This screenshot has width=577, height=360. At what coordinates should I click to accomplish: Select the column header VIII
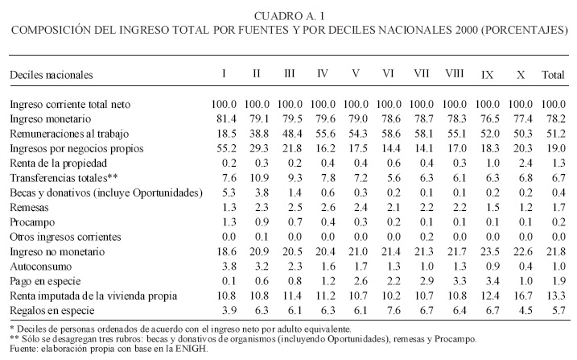click(x=455, y=74)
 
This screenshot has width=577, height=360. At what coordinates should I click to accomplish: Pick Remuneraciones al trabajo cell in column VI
click(x=389, y=134)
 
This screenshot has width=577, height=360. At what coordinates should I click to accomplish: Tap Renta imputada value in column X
click(x=521, y=295)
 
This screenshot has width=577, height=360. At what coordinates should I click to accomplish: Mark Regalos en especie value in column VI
click(x=389, y=310)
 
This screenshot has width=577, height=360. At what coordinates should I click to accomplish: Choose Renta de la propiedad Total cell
click(x=554, y=163)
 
